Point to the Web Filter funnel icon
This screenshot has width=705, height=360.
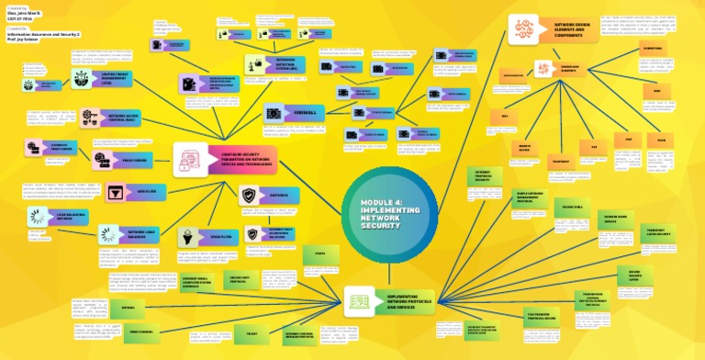tap(117, 192)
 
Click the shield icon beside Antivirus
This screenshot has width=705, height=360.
tap(249, 195)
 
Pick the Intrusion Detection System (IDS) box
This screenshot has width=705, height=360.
tap(277, 63)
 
